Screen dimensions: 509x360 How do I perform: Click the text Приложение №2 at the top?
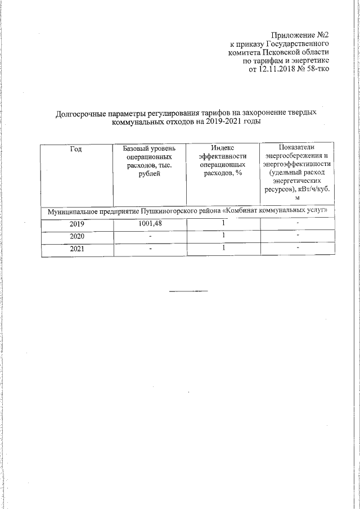(x=300, y=35)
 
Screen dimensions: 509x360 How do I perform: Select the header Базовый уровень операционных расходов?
(x=149, y=161)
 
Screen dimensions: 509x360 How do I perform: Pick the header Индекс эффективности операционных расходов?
(x=223, y=161)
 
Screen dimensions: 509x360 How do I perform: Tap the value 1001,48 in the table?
(x=150, y=224)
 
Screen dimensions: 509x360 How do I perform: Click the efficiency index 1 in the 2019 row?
(x=223, y=224)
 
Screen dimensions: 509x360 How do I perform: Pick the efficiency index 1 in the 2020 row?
(x=223, y=236)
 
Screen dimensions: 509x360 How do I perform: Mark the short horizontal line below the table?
(x=188, y=291)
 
